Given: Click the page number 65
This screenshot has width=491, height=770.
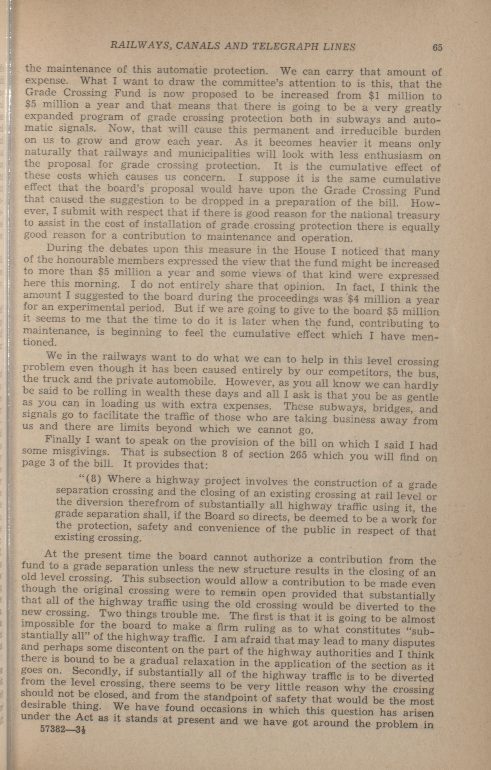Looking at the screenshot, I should pyautogui.click(x=437, y=48).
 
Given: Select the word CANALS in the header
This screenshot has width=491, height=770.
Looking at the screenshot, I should pyautogui.click(x=198, y=46).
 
